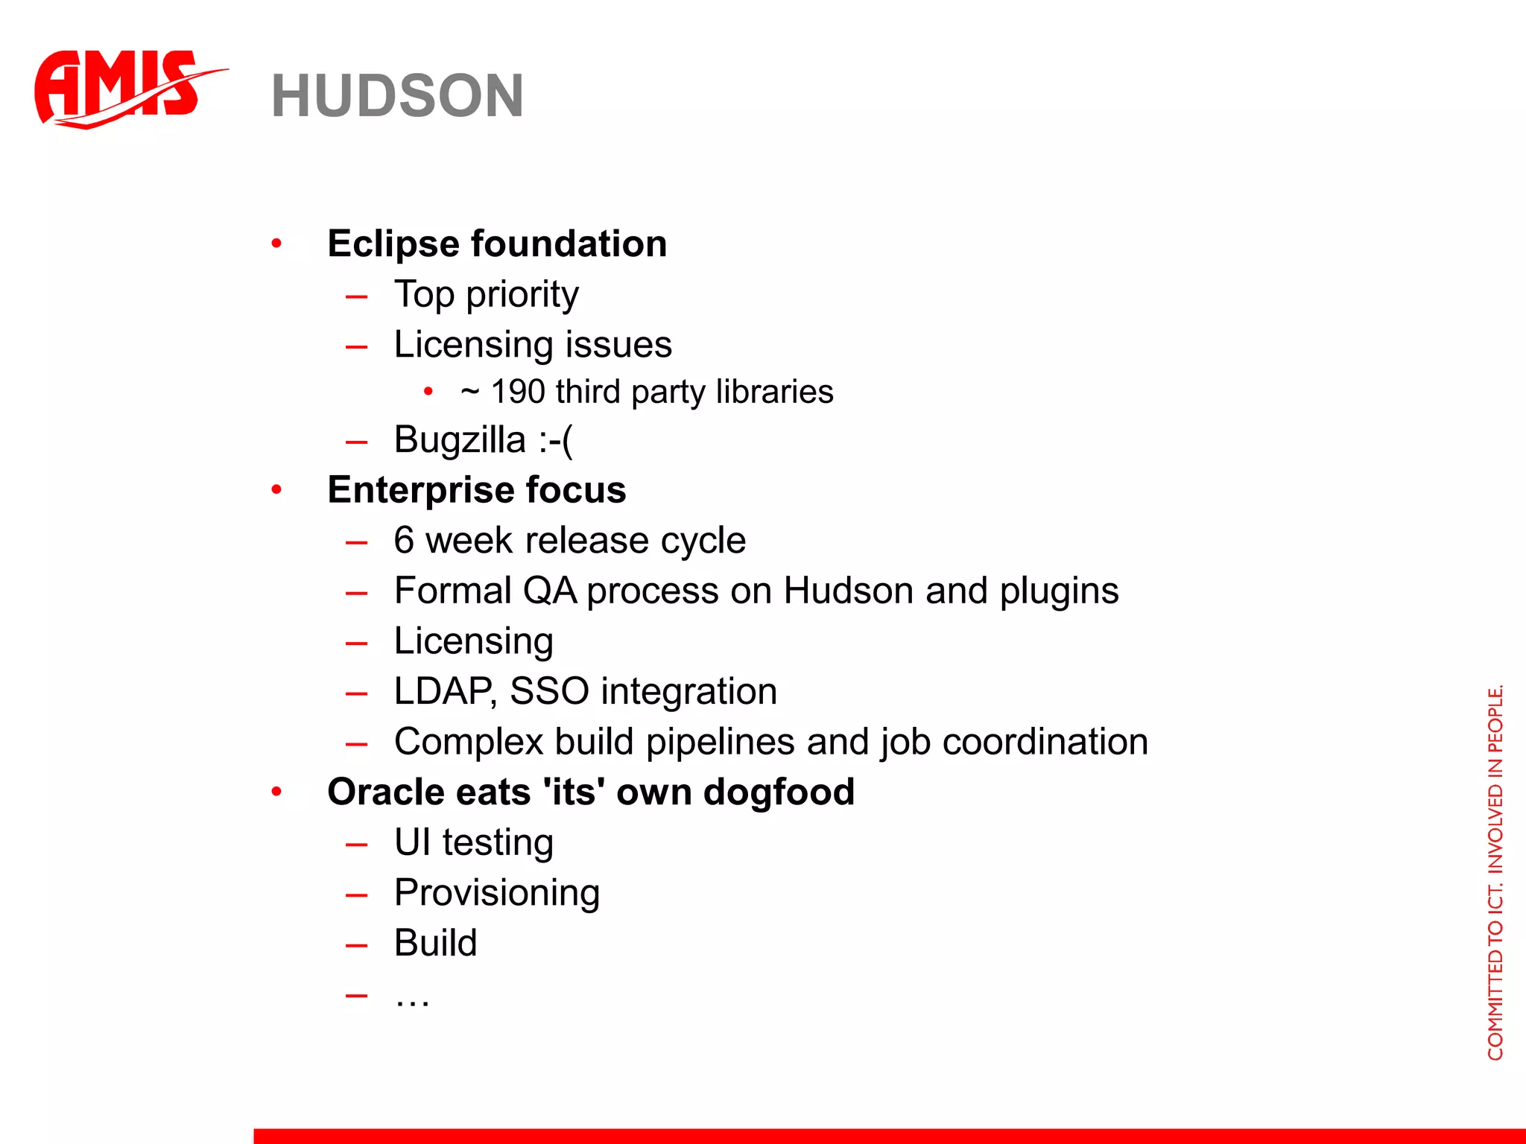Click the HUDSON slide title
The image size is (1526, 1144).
[x=397, y=96]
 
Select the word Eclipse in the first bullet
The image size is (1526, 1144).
[x=393, y=244]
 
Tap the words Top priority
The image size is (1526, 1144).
[x=486, y=294]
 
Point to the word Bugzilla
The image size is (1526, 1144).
[x=459, y=439]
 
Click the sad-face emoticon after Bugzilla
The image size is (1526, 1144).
[x=556, y=439]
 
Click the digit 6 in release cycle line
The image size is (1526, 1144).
[x=403, y=540]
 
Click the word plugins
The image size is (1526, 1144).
[x=1059, y=591]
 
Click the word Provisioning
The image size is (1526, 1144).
[x=497, y=893]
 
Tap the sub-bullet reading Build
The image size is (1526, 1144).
[x=435, y=943]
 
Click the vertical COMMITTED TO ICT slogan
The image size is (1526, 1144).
[x=1495, y=871]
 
